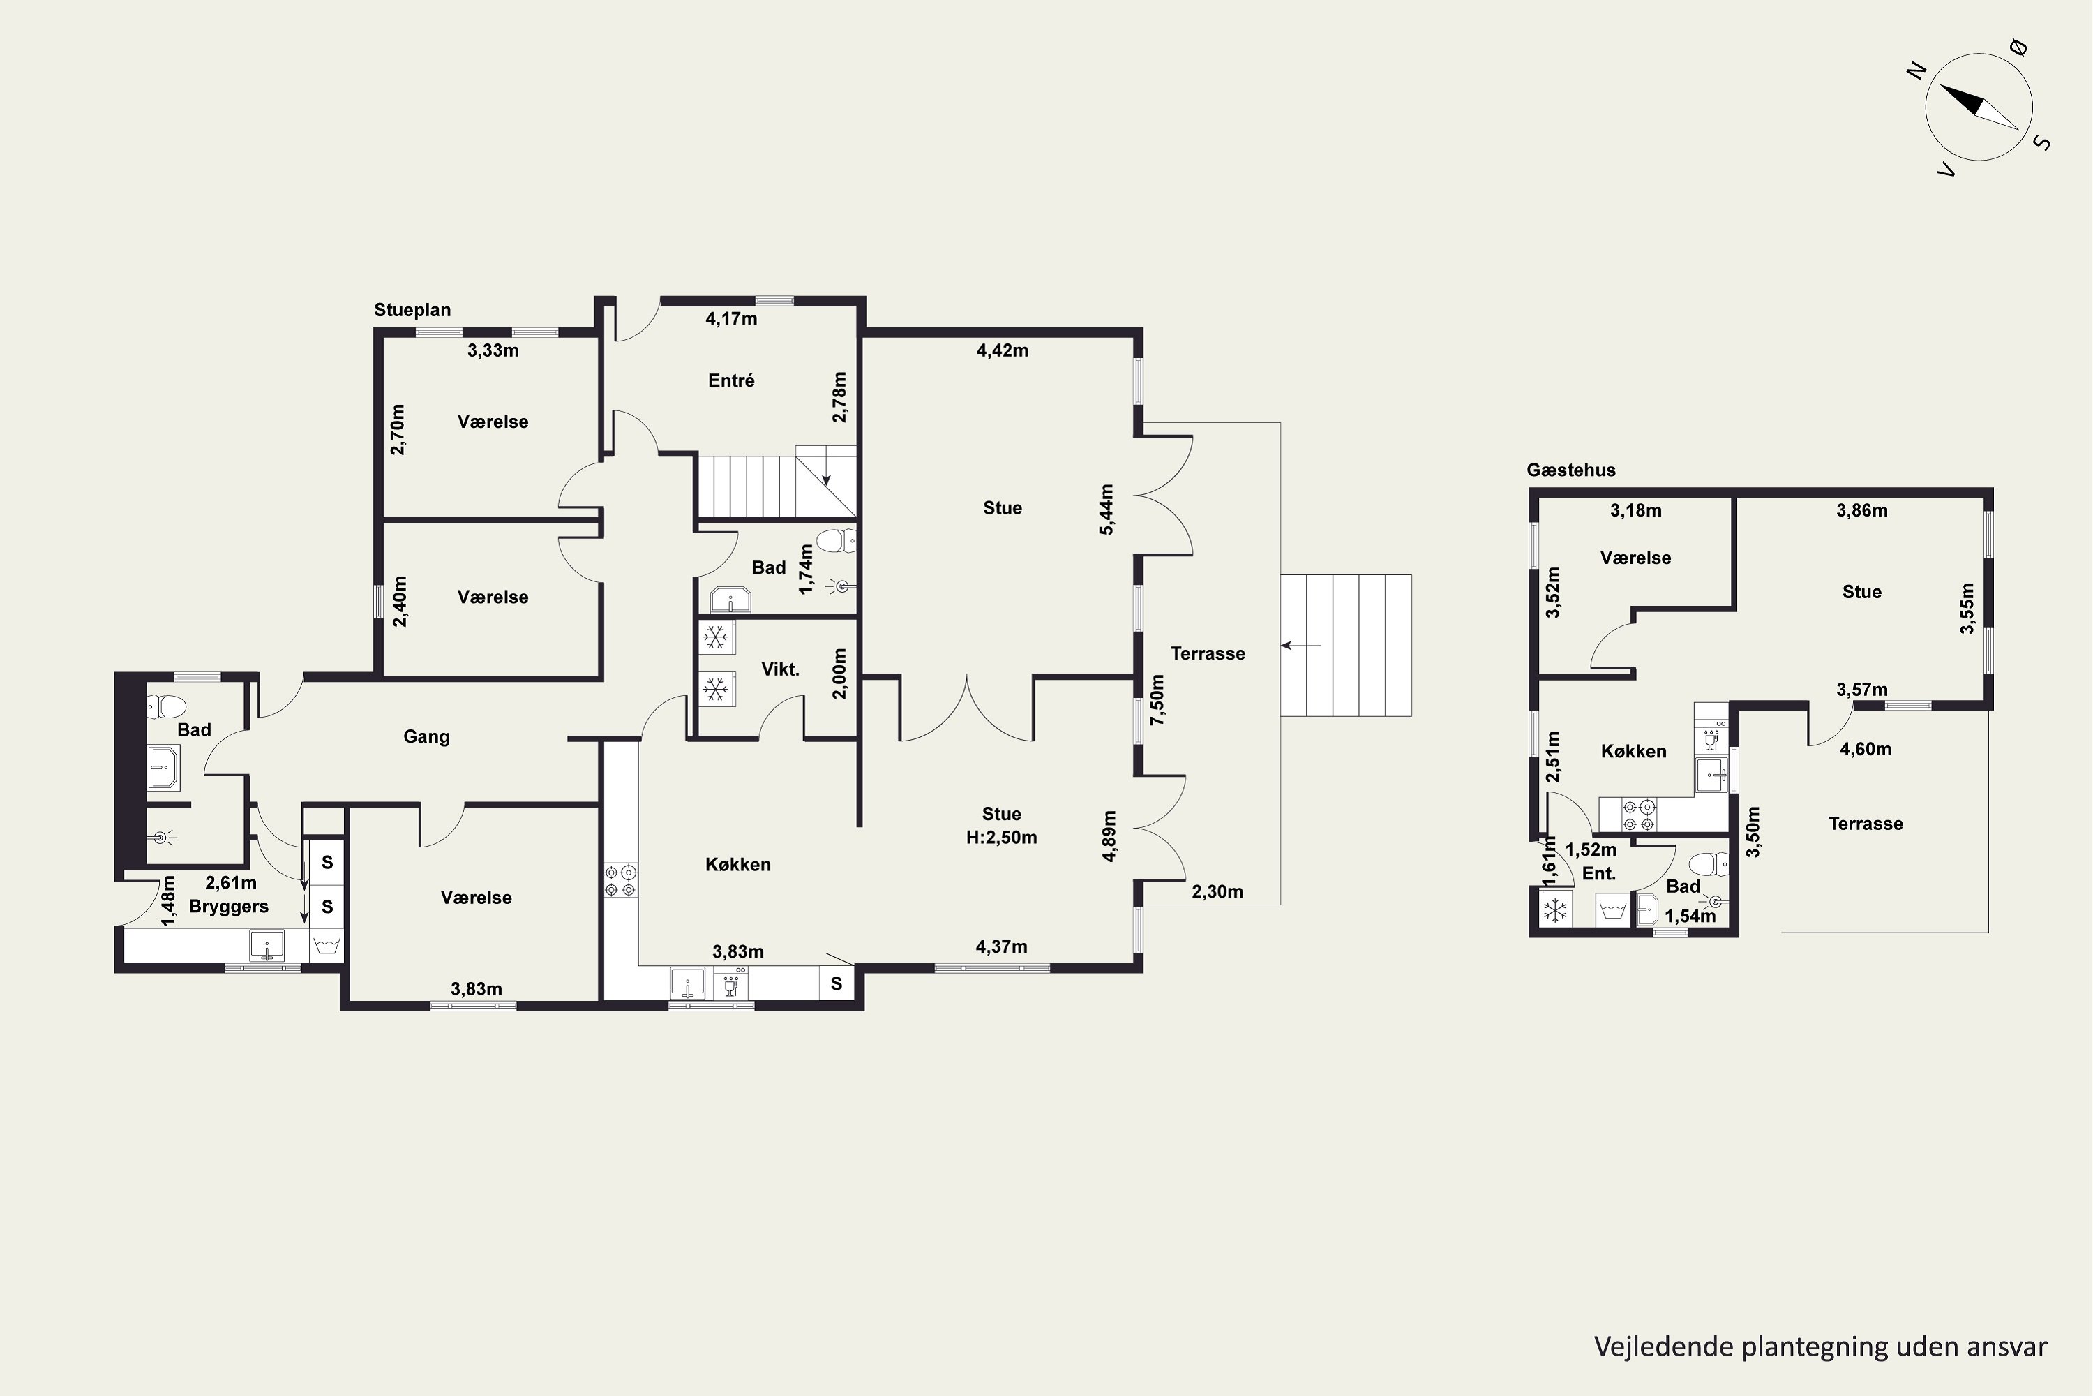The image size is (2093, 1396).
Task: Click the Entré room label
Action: point(731,381)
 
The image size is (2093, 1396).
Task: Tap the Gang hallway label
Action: point(426,736)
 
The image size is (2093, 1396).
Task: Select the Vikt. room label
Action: point(781,669)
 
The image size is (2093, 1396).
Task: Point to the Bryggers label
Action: point(229,906)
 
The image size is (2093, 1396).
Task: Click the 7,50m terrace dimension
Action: point(1157,700)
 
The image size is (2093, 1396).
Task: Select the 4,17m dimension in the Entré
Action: point(731,319)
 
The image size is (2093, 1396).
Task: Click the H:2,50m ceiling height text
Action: point(1002,837)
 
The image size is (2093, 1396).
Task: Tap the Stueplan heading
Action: point(412,310)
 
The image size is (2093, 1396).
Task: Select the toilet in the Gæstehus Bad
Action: point(1709,863)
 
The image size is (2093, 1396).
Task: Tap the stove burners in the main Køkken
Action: point(621,879)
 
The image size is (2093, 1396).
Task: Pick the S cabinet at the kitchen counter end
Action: point(837,983)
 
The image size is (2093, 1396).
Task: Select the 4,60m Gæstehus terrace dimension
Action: point(1865,750)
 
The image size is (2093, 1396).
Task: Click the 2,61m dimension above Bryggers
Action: point(230,883)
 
